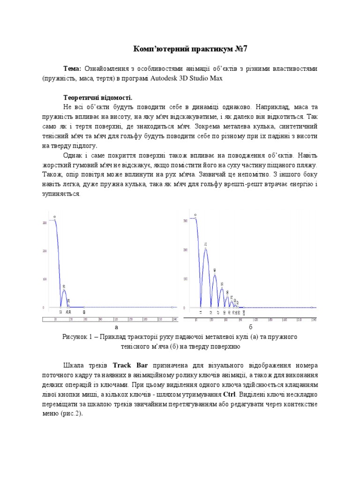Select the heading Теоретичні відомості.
click(98, 97)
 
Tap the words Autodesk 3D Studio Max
click(187, 79)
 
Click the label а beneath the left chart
click(116, 326)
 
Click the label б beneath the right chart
click(250, 326)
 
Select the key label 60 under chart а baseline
click(84, 312)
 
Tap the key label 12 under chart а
click(60, 311)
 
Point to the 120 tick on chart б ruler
click(256, 319)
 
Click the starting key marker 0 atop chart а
click(54, 217)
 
